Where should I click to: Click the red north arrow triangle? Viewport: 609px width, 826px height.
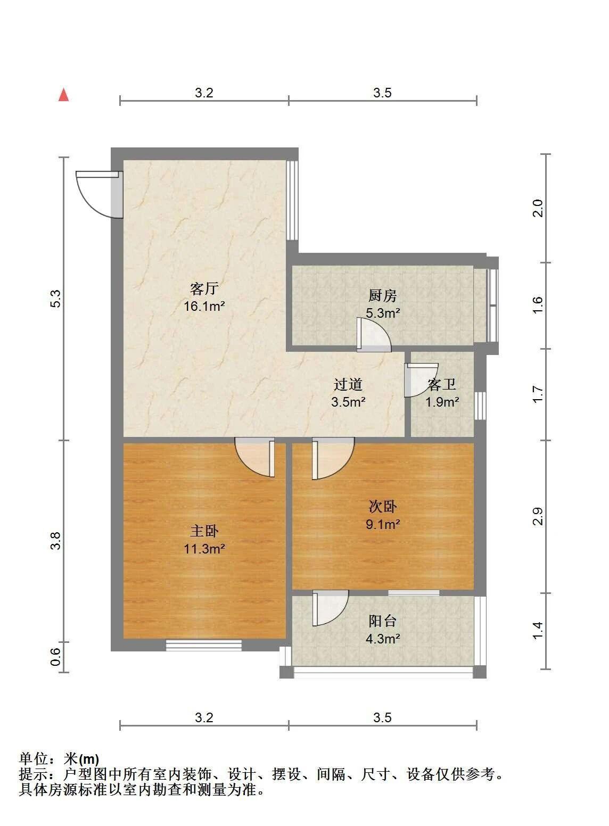click(x=64, y=95)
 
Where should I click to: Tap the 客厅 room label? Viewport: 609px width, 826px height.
click(x=204, y=289)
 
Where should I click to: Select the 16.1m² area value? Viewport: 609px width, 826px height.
click(x=204, y=306)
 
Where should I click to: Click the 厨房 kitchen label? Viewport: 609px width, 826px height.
click(x=383, y=296)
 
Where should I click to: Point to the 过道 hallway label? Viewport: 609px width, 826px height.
click(x=348, y=385)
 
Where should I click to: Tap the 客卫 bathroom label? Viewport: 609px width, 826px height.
click(x=442, y=385)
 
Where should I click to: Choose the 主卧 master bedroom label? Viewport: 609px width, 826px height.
click(x=204, y=531)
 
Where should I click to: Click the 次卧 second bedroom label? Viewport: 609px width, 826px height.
click(x=383, y=507)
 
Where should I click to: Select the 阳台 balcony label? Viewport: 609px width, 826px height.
click(x=383, y=621)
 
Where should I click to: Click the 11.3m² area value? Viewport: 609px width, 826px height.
click(x=204, y=549)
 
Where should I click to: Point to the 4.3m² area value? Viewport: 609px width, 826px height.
click(x=383, y=639)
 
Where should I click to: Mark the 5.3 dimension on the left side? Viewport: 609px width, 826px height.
click(x=55, y=299)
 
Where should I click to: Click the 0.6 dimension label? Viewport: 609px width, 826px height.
click(x=55, y=657)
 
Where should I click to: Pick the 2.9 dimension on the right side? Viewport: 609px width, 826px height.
click(x=538, y=516)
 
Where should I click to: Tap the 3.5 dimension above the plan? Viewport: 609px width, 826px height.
click(x=383, y=93)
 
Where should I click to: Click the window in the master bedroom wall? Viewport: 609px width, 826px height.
click(x=203, y=646)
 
